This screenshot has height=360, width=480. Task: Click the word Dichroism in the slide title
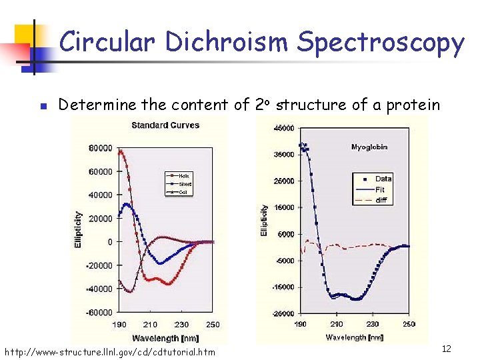[x=228, y=43]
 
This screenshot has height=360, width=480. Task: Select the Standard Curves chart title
[x=165, y=125]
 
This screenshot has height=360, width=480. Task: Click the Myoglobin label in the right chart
[x=369, y=147]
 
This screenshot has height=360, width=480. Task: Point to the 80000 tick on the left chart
[x=101, y=148]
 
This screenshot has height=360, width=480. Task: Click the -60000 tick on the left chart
[x=99, y=312]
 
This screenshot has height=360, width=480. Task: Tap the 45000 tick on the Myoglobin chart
[x=285, y=128]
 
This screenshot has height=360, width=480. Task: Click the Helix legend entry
[x=183, y=176]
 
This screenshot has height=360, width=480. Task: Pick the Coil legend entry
[x=183, y=192]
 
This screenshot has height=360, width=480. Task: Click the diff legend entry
[x=381, y=200]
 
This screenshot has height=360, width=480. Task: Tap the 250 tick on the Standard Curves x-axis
[x=212, y=325]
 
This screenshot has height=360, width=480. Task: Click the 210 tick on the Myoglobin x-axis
[x=336, y=324]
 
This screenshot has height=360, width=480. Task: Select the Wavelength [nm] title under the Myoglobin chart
[x=355, y=337]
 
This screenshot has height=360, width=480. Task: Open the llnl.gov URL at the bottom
[x=110, y=351]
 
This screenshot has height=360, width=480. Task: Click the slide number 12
[x=447, y=349]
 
